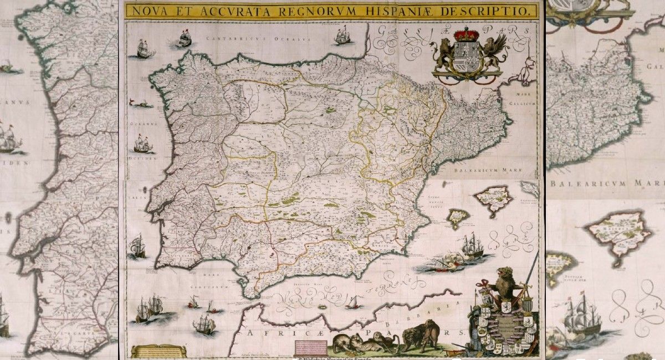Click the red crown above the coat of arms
466,35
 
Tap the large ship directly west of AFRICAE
203,325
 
